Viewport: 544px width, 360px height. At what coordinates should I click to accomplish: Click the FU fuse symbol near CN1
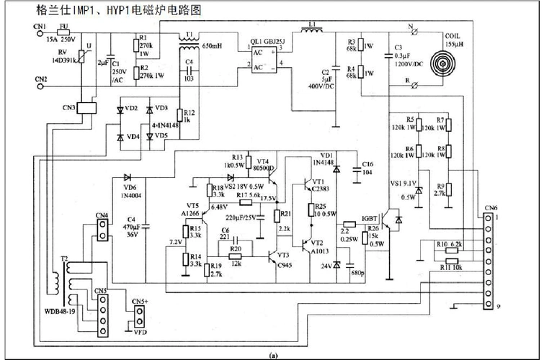coord(64,32)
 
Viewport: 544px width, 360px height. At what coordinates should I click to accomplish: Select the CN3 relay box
coord(88,107)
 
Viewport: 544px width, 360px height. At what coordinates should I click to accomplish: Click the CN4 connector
coord(102,229)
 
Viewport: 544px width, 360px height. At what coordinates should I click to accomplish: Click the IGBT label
coord(370,217)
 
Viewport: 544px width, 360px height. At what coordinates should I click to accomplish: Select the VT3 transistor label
coord(283,255)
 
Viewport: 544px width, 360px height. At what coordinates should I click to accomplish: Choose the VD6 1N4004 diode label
coord(129,189)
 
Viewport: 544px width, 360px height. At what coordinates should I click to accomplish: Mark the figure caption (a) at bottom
coord(272,355)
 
